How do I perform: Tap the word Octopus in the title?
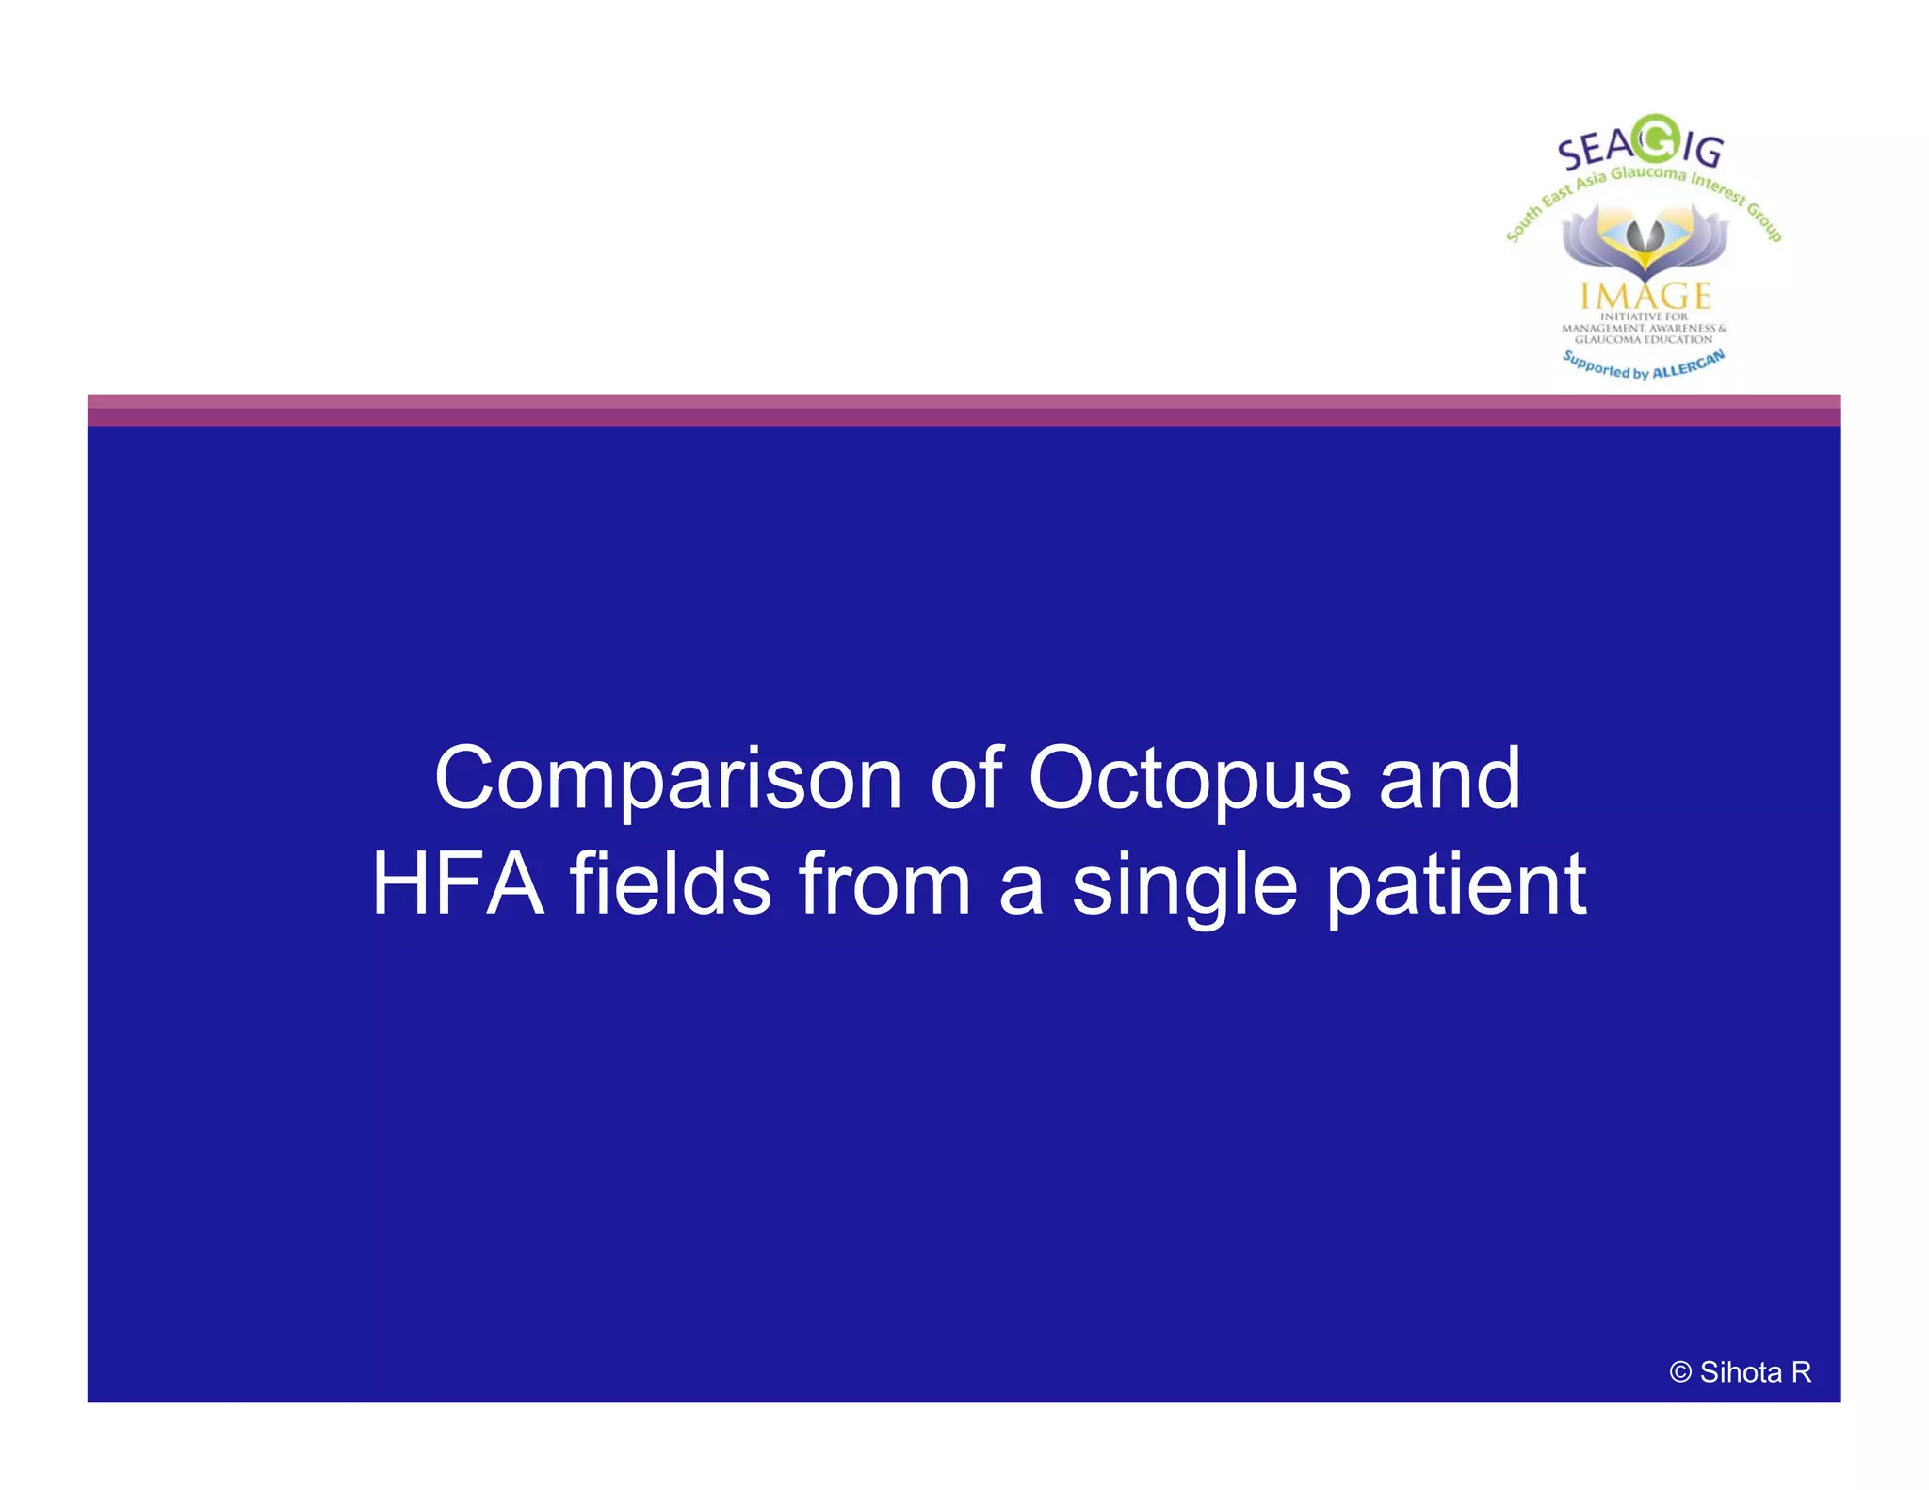pos(1190,780)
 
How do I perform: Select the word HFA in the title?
pos(458,884)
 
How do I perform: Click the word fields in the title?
pos(670,884)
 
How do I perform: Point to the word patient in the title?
pos(1457,884)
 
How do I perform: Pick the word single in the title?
pos(1184,884)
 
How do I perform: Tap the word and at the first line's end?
pos(1450,780)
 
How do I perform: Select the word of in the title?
pos(965,780)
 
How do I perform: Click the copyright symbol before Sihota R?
pos(1679,1372)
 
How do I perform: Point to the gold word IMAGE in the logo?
pos(1645,297)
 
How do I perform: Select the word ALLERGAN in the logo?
pos(1689,365)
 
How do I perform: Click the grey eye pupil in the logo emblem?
pos(1645,235)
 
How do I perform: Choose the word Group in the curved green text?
pos(1764,222)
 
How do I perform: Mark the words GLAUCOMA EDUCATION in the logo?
pos(1644,339)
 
